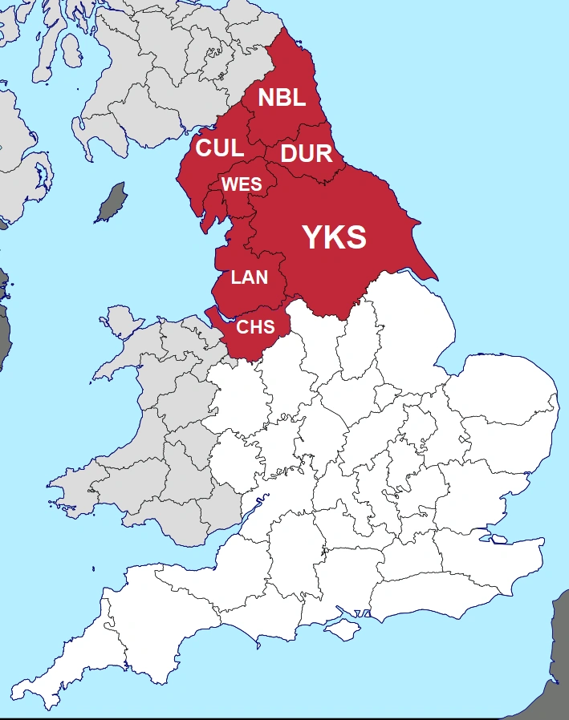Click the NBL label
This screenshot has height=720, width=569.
pyautogui.click(x=282, y=98)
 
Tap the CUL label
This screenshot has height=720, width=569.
pyautogui.click(x=220, y=148)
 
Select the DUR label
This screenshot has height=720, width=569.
pyautogui.click(x=307, y=153)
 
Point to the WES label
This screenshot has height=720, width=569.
pyautogui.click(x=242, y=184)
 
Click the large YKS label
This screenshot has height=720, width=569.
pyautogui.click(x=334, y=237)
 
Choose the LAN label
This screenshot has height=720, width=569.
pyautogui.click(x=250, y=278)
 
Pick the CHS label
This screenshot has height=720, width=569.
pyautogui.click(x=255, y=327)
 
